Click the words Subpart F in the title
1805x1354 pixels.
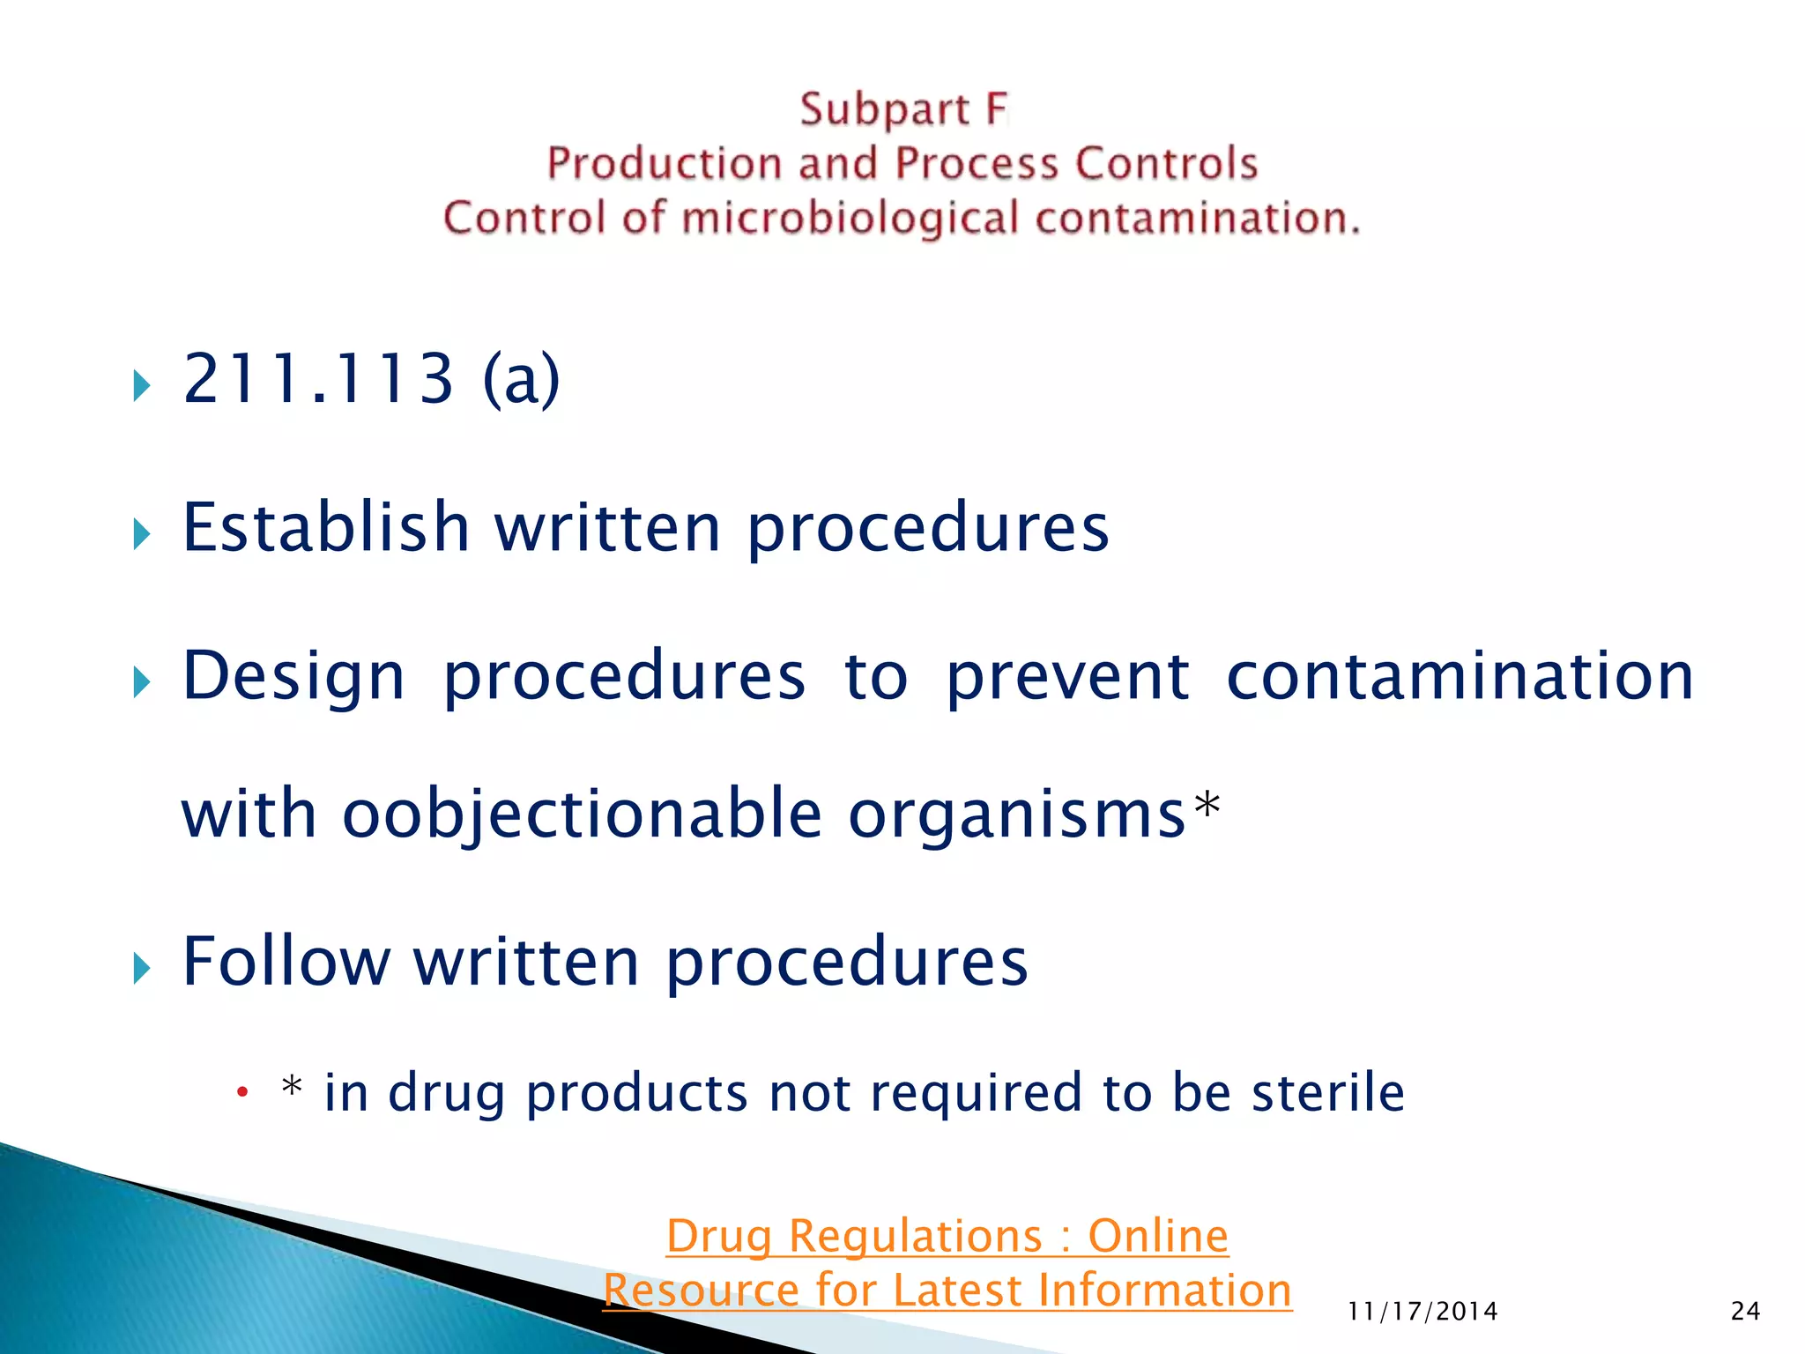902,110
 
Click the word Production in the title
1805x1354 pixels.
664,164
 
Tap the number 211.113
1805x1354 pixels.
318,379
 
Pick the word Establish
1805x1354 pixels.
325,527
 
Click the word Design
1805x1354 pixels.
293,677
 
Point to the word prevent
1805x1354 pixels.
1067,677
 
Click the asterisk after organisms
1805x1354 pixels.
1207,805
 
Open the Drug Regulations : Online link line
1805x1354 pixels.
947,1235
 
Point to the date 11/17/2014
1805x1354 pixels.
1422,1312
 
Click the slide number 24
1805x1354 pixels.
1745,1312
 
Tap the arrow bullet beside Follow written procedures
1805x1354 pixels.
142,968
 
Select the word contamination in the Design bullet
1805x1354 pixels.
1460,677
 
